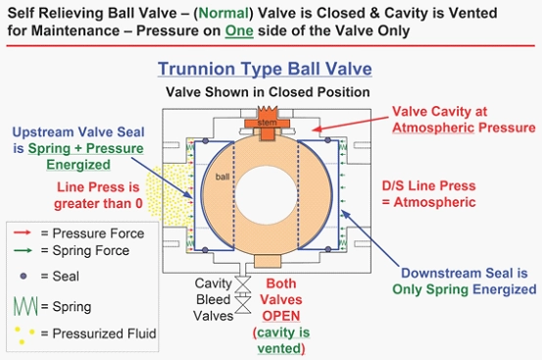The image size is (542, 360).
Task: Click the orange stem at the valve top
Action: point(268,124)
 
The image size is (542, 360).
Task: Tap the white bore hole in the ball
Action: point(266,196)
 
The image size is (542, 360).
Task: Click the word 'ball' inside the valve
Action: point(222,177)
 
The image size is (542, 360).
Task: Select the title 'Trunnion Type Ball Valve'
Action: point(265,69)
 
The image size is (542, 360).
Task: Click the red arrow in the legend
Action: point(23,232)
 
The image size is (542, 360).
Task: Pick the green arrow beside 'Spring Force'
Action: point(23,250)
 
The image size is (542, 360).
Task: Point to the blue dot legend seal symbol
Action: point(24,276)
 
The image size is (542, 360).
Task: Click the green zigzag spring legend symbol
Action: point(25,306)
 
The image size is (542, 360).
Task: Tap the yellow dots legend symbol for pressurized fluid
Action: point(25,334)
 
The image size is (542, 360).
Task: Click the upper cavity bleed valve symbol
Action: point(243,284)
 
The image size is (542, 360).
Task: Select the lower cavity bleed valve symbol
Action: point(243,305)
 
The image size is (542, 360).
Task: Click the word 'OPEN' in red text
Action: point(281,316)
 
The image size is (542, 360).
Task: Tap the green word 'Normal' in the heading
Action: point(223,13)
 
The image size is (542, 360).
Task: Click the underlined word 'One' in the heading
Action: point(239,30)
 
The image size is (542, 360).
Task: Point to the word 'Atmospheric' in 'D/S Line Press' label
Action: point(434,202)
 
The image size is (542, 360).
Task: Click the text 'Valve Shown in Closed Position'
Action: point(268,92)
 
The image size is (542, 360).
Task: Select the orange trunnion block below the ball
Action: point(268,261)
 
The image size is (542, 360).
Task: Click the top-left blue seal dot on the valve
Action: point(205,141)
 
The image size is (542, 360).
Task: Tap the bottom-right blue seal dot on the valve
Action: point(328,249)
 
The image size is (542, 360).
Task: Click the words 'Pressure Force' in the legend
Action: point(98,233)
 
